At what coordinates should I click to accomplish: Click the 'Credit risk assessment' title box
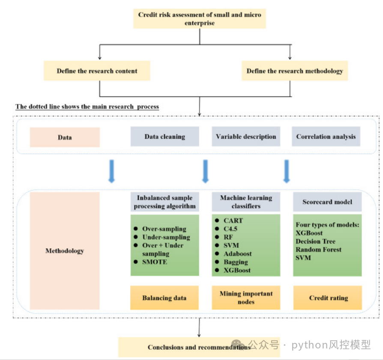[x=199, y=18]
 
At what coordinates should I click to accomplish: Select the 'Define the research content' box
[x=97, y=71]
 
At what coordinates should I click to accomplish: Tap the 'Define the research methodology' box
[x=295, y=71]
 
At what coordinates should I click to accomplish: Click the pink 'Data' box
[x=65, y=137]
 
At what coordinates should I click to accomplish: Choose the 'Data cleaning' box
[x=165, y=137]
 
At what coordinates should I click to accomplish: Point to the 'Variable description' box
[x=246, y=137]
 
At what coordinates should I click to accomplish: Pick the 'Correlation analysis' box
[x=326, y=137]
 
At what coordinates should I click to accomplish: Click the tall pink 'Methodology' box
[x=65, y=251]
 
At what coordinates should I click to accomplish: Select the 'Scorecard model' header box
[x=327, y=202]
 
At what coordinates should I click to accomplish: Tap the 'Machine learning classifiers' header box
[x=246, y=202]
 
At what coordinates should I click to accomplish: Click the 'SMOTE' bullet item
[x=155, y=262]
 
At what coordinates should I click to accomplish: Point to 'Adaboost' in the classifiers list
[x=238, y=253]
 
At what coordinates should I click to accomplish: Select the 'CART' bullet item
[x=233, y=220]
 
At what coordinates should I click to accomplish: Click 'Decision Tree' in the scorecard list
[x=315, y=241]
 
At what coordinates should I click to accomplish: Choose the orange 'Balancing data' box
[x=165, y=298]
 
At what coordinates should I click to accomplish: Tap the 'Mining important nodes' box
[x=246, y=298]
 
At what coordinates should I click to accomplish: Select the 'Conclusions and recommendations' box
[x=199, y=347]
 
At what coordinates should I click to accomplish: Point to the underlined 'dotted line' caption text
[x=87, y=107]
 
